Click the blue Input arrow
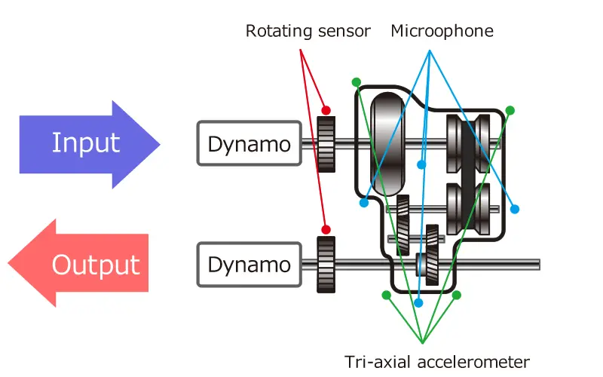[90, 143]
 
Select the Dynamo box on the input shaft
[249, 143]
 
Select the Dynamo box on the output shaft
[249, 264]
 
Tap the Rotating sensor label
[308, 32]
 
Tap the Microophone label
[442, 32]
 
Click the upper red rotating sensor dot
[326, 108]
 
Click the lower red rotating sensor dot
[326, 229]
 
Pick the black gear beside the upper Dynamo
[326, 144]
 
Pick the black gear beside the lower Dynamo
[326, 264]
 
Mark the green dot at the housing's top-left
[356, 81]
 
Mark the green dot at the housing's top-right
[510, 111]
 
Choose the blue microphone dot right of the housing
[516, 208]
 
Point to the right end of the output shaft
[537, 264]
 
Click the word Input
[85, 143]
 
